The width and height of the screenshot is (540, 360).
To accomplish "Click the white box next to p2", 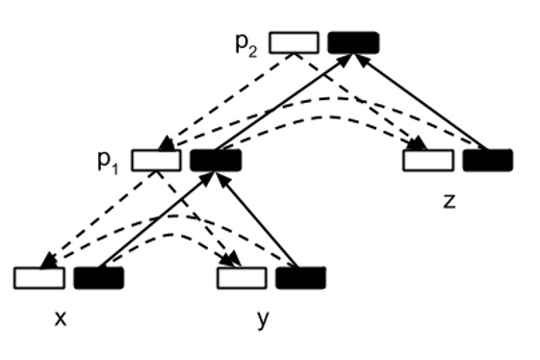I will (294, 42).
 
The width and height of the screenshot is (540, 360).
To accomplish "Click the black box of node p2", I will (353, 42).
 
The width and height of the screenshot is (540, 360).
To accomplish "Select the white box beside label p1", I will (156, 160).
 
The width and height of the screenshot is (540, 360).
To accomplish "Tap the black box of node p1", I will (215, 160).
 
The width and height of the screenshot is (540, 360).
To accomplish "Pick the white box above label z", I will (427, 160).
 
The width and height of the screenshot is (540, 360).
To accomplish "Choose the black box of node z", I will (487, 160).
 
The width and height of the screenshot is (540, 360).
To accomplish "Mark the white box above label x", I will (39, 278).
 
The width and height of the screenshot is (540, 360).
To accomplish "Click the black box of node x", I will (98, 278).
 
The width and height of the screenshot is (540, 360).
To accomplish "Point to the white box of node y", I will (241, 278).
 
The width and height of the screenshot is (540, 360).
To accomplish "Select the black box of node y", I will (300, 278).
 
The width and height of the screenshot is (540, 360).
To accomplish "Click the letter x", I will (61, 319).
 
